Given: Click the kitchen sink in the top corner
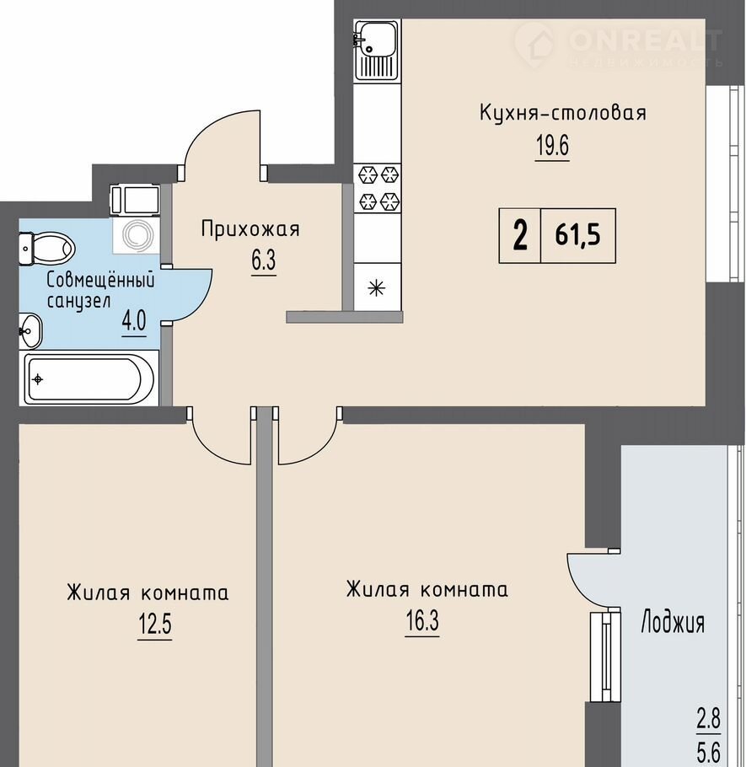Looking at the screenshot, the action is tap(376, 50).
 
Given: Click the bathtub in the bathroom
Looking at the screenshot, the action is tap(90, 379).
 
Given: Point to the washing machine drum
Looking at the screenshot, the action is tap(137, 235).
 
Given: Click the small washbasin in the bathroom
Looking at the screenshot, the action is tap(30, 330).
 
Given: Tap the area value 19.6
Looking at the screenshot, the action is tap(553, 145).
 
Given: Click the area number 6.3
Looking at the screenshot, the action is tap(264, 260).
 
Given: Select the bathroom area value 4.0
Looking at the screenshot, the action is tap(133, 321).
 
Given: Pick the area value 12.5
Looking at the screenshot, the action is tap(154, 625).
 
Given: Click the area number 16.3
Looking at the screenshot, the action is tap(422, 621).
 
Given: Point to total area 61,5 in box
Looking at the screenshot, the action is tap(577, 235).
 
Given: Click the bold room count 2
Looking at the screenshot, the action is tap(520, 235).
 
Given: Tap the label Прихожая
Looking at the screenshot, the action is tap(250, 229).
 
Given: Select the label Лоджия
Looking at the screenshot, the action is tap(673, 623).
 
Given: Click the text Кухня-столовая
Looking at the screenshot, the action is tap(562, 112).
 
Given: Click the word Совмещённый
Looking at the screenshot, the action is tap(101, 281).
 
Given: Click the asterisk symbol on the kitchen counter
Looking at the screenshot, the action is tap(376, 288).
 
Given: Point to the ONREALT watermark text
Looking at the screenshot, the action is tap(646, 40).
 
